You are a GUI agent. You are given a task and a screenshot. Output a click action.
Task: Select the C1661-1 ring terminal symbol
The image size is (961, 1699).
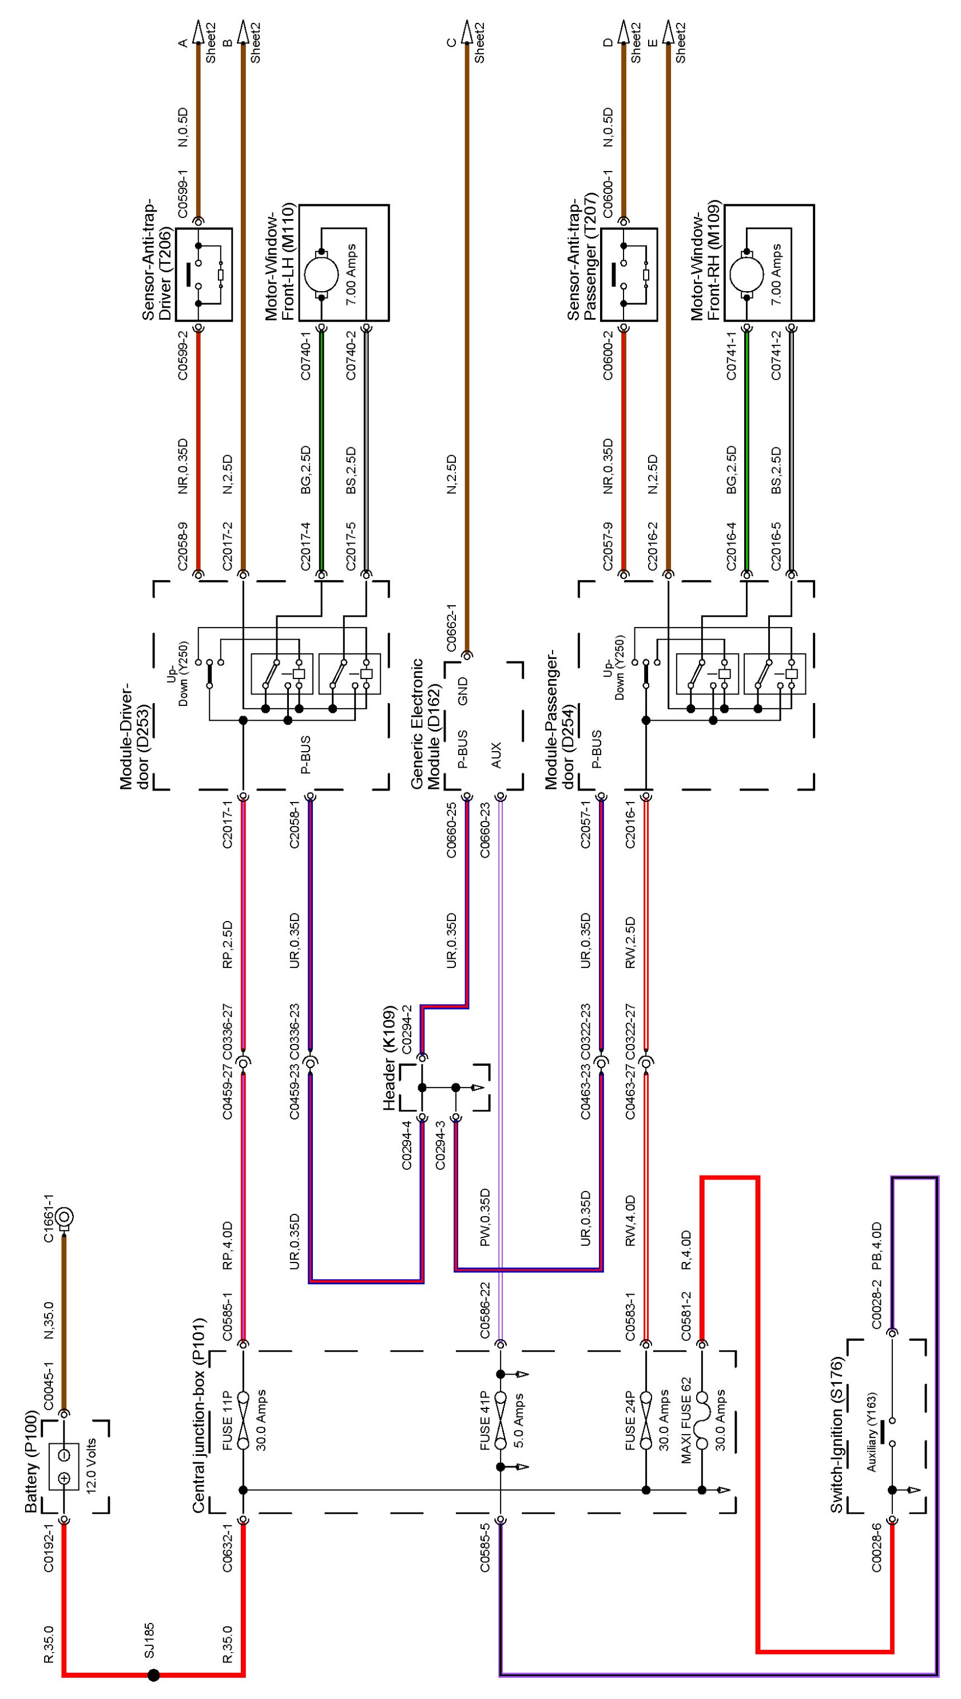(64, 1217)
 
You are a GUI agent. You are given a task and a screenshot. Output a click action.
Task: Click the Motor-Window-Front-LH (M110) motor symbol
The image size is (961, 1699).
(321, 273)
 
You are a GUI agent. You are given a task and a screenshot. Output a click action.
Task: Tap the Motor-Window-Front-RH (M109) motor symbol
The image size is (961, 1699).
(747, 273)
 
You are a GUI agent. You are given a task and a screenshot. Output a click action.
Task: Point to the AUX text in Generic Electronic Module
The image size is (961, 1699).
(497, 755)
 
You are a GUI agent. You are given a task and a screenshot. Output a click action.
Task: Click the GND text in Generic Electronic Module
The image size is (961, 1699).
(463, 690)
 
